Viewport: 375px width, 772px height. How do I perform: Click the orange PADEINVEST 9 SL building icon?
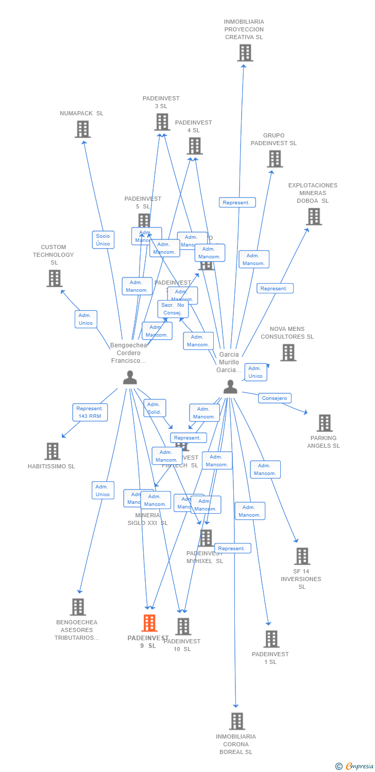(149, 623)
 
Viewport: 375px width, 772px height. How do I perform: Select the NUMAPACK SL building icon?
(82, 129)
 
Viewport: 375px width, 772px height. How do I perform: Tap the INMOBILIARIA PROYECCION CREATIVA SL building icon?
(245, 52)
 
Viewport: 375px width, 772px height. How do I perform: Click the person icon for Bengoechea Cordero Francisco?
(130, 378)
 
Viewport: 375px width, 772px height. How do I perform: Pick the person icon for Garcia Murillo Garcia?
(230, 387)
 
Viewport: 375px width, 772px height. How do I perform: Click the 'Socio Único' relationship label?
(103, 240)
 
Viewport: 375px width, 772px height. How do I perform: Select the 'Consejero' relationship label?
(275, 398)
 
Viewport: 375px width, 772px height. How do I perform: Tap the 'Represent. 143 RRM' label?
(90, 412)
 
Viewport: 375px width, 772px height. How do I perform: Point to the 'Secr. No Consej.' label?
(173, 309)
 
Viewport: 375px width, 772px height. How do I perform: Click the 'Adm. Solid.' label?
(155, 408)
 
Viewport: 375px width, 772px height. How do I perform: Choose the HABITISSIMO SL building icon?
(52, 451)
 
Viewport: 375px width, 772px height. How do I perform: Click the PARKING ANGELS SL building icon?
(324, 423)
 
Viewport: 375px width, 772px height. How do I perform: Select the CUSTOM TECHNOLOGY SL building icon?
(54, 278)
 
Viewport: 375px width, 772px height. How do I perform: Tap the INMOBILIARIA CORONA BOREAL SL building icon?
(236, 721)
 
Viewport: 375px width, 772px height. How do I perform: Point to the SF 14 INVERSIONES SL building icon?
(302, 556)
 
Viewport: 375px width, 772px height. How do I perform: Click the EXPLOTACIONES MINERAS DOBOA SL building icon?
(314, 217)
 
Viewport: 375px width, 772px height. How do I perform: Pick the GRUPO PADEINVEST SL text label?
(274, 139)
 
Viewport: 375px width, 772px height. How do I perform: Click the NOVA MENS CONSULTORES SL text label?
(287, 333)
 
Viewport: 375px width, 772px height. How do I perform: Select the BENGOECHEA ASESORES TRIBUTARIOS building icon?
(77, 607)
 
